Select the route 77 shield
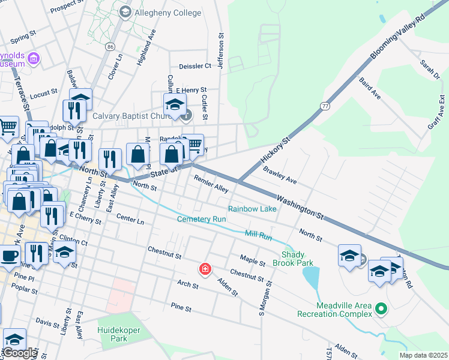click(x=325, y=106)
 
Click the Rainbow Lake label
click(x=252, y=209)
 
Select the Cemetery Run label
click(x=201, y=219)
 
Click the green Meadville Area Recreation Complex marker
click(x=380, y=309)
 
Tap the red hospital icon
click(x=205, y=268)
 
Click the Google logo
click(x=20, y=353)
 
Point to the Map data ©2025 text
click(x=423, y=355)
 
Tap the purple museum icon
click(x=34, y=58)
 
